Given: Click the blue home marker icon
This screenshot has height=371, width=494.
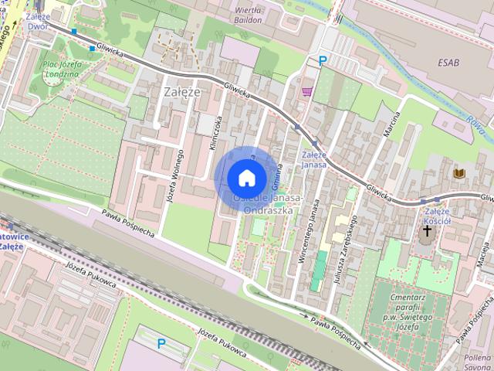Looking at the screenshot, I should point(245,178).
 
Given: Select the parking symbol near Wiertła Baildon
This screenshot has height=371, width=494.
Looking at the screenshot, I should point(323,60).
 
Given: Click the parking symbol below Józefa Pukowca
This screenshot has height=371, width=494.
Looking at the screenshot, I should point(161,343).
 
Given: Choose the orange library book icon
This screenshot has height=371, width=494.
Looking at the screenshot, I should point(460,172).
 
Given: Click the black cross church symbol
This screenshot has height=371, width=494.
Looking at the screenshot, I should point(427,231).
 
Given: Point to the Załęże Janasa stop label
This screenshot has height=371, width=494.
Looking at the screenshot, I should point(314,159).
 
